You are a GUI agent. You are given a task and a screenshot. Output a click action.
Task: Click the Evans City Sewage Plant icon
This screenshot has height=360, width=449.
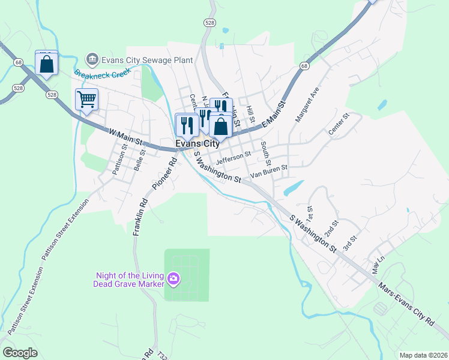(x=92, y=59)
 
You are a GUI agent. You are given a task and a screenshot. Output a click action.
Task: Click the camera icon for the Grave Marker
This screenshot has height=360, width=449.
(x=173, y=278)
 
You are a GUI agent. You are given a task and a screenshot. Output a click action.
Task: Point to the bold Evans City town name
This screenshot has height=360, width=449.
(x=197, y=144)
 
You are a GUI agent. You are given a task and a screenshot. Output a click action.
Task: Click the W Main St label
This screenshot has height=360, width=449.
(x=125, y=136)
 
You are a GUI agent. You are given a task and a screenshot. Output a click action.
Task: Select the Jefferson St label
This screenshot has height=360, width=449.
(x=232, y=157)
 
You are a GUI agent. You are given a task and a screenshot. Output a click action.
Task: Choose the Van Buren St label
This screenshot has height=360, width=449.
(x=269, y=172)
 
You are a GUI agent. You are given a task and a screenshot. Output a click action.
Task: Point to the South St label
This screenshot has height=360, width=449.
(x=265, y=154)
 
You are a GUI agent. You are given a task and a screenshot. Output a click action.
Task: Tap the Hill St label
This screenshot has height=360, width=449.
(x=251, y=109)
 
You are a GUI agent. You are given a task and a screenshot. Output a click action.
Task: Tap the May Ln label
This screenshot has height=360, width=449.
(x=377, y=261)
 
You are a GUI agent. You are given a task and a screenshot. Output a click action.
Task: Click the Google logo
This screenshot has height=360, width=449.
(x=20, y=353)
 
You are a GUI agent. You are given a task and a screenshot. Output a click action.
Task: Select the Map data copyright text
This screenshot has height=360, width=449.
(x=423, y=355)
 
